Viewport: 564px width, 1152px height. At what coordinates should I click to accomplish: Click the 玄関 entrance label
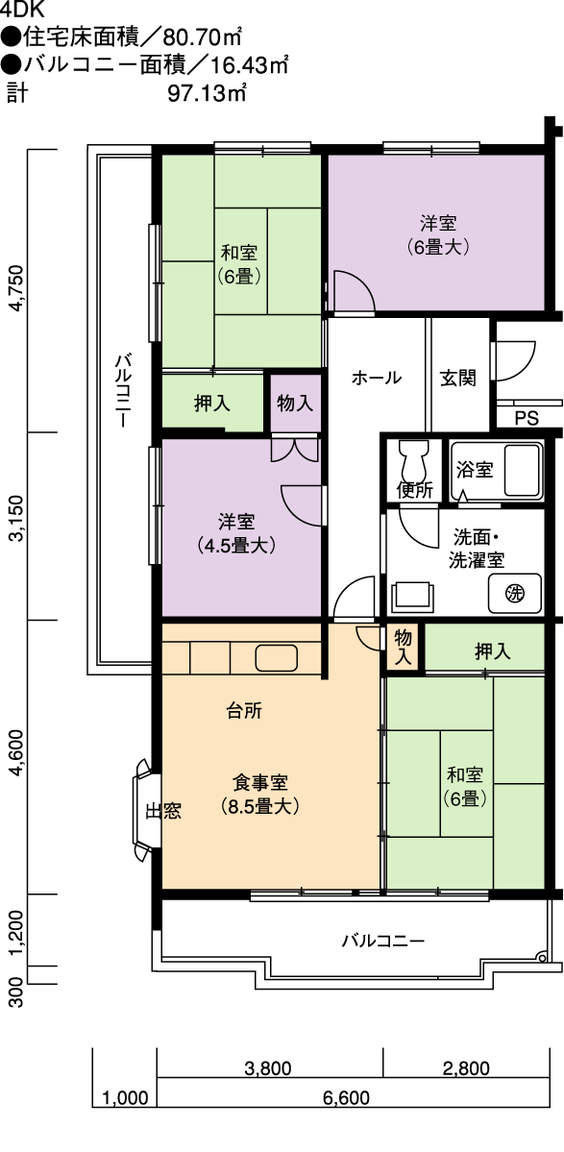point(457,378)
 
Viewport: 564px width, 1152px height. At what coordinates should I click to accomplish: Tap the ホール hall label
point(376,378)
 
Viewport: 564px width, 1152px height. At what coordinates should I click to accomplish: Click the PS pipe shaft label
point(527,419)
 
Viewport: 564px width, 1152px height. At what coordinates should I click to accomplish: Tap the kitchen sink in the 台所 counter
point(276,657)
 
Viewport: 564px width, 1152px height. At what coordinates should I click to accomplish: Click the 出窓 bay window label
point(163,810)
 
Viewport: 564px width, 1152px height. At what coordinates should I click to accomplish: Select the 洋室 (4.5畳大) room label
point(236,533)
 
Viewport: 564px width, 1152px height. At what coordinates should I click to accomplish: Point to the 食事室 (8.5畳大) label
point(260,795)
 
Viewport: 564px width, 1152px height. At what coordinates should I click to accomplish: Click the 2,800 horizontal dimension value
point(466,1068)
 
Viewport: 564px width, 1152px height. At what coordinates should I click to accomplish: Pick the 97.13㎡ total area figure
point(207,94)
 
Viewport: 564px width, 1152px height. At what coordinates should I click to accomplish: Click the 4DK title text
point(23,9)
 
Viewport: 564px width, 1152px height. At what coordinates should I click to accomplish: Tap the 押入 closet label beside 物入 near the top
point(212,403)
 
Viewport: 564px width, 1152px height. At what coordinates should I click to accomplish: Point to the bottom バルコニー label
point(383,941)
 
